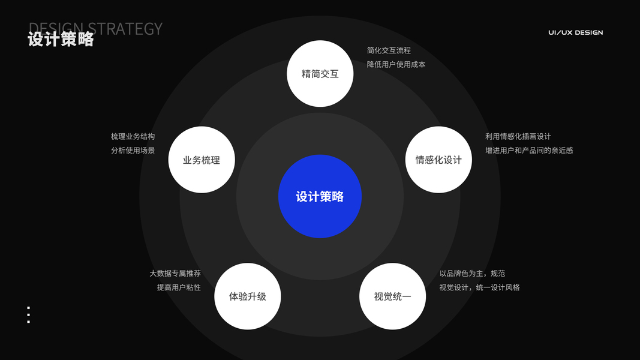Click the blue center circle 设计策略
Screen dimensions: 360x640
click(320, 196)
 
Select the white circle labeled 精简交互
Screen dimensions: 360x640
click(320, 74)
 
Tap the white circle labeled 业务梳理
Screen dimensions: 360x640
click(202, 160)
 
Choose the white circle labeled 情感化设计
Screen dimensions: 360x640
click(438, 160)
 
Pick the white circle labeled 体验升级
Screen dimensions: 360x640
click(247, 296)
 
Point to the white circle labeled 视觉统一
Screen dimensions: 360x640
click(392, 296)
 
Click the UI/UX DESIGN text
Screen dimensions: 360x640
click(575, 32)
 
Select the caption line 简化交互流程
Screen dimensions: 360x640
click(389, 50)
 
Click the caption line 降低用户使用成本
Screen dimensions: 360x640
click(396, 64)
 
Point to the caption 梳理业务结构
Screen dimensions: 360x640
click(133, 137)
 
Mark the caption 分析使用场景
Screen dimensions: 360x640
click(133, 151)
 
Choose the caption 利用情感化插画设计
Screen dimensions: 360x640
click(518, 137)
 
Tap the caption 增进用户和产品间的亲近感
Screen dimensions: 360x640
click(528, 151)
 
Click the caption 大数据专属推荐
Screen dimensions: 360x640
click(175, 274)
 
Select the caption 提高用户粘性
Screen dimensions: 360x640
click(178, 287)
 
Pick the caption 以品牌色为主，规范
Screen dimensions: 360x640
click(472, 274)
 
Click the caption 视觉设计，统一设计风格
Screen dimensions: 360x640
click(479, 287)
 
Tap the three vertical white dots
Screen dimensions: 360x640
click(28, 315)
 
